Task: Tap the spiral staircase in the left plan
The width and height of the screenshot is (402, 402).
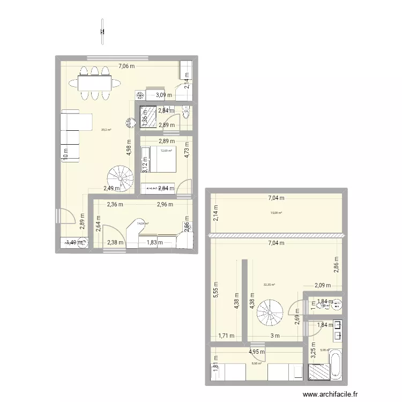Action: click(x=121, y=177)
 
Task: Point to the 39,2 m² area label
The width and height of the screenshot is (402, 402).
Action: click(x=106, y=129)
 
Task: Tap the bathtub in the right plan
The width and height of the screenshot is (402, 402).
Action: click(x=334, y=364)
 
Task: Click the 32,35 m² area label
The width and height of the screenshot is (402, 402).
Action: click(x=269, y=285)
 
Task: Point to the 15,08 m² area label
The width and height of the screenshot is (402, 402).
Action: click(x=276, y=212)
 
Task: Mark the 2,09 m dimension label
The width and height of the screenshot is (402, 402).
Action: click(x=322, y=286)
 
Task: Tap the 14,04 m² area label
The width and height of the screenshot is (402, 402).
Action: click(x=143, y=224)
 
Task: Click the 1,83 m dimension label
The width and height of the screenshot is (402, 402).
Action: click(x=155, y=242)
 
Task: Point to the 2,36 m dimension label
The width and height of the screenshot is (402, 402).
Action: click(x=115, y=204)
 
